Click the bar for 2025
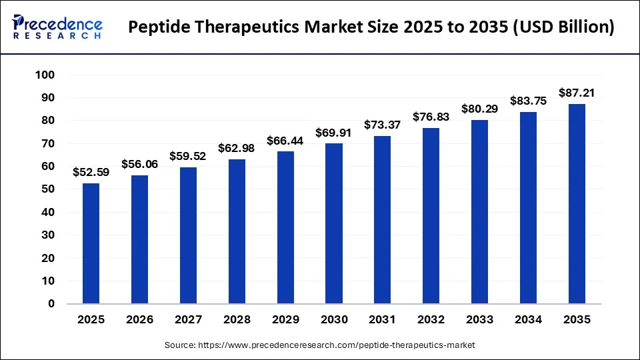point(91,243)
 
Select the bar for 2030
point(334,223)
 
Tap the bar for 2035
point(577,204)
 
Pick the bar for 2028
point(237,231)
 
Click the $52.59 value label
point(91,172)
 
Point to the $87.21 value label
point(577,93)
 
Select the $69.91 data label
point(334,132)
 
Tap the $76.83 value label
point(431,117)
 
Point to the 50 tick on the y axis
point(47,189)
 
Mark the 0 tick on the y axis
point(51,304)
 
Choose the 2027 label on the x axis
point(188,320)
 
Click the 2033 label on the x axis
point(479,320)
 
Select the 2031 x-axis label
point(383,320)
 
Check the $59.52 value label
point(188,156)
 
